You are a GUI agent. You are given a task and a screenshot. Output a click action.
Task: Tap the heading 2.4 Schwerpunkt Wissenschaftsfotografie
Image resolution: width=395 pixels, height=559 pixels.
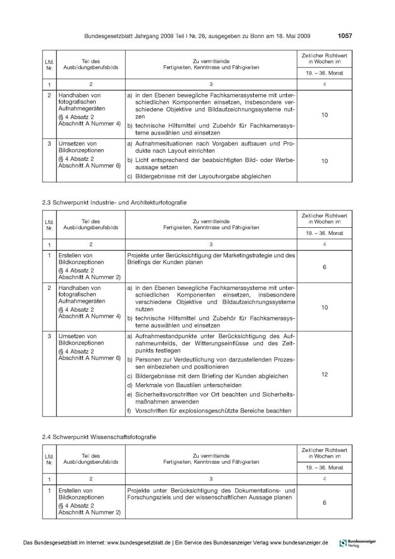click(x=99, y=437)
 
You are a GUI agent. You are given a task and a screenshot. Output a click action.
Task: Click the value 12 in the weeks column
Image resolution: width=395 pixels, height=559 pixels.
click(x=324, y=374)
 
